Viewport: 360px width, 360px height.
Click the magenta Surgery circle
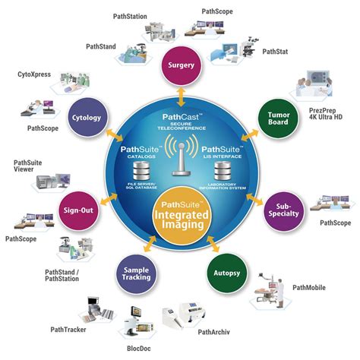pos(181,65)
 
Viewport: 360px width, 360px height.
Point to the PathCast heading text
pos(179,116)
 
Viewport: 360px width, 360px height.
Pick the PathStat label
pos(276,52)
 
